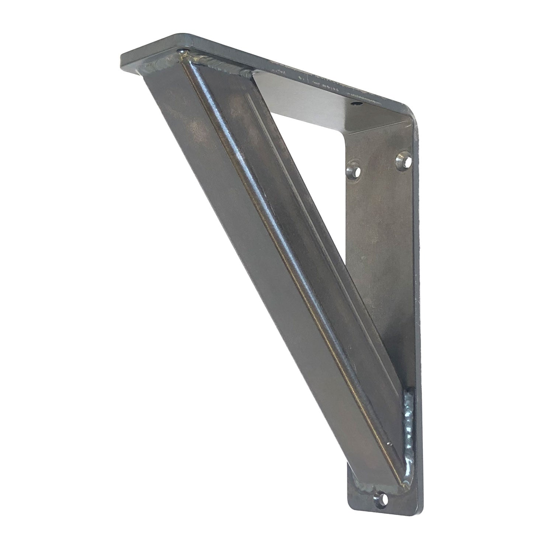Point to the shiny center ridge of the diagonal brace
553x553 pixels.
(280, 258)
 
